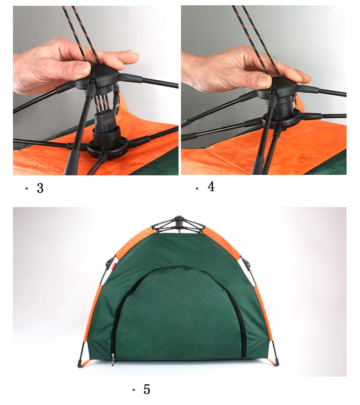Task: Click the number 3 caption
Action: [x=40, y=188]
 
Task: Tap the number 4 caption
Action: [x=211, y=186]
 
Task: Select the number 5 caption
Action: [x=146, y=389]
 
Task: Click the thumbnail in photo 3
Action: [x=83, y=68]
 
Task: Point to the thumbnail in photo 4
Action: [x=264, y=81]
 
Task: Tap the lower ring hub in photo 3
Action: [x=107, y=149]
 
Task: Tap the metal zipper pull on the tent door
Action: [x=113, y=359]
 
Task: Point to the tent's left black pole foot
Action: [x=80, y=364]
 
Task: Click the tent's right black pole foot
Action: [x=276, y=363]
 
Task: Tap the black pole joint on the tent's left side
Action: [x=109, y=262]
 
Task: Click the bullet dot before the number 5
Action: [x=133, y=390]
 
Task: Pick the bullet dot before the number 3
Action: [x=26, y=188]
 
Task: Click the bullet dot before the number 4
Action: [x=197, y=188]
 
